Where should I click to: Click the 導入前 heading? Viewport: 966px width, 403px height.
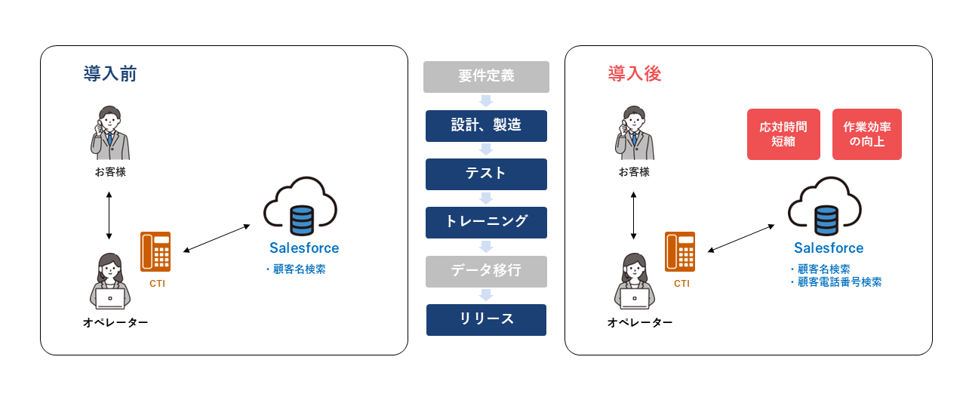tap(109, 74)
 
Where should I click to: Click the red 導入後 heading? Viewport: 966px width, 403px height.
tap(635, 74)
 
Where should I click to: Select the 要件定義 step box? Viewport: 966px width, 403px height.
tap(486, 76)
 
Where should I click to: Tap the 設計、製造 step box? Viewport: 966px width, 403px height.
tap(486, 125)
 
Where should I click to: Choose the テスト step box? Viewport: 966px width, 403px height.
tap(486, 174)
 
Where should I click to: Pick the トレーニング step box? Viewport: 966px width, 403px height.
tap(486, 222)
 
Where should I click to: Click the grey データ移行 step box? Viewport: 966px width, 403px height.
tap(486, 271)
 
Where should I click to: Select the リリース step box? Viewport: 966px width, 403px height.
tap(486, 319)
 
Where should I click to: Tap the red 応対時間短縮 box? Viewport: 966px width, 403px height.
tap(783, 134)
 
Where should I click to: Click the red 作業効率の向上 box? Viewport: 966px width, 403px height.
tap(867, 134)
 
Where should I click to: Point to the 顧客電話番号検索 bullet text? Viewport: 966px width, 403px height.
tap(838, 282)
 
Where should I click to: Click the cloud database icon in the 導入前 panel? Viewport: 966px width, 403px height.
tap(300, 206)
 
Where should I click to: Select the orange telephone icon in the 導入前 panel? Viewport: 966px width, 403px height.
tap(155, 251)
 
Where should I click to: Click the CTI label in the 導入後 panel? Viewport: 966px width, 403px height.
tap(681, 284)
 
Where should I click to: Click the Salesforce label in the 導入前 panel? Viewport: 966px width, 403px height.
tap(304, 248)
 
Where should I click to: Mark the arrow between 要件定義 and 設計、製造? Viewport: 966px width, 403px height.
tap(486, 101)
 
